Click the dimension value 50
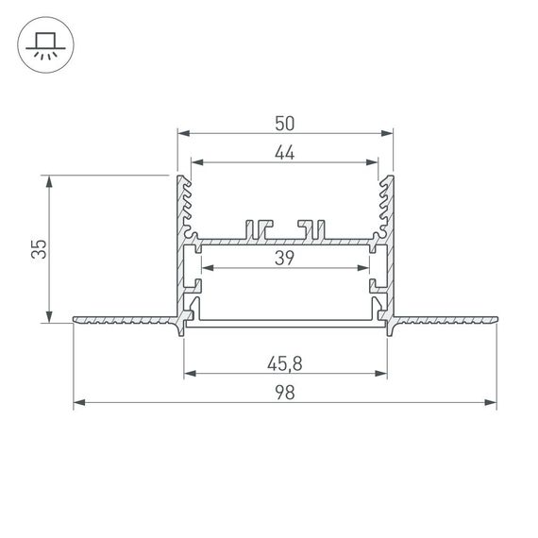click(285, 122)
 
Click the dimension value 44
click(285, 154)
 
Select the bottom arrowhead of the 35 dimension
click(47, 318)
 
